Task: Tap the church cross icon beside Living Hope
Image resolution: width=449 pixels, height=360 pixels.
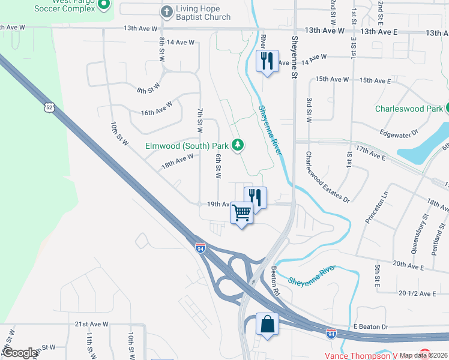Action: pos(167,11)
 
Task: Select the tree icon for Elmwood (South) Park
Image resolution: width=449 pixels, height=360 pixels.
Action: pos(238,145)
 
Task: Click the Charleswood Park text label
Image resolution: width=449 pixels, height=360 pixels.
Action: pos(409,109)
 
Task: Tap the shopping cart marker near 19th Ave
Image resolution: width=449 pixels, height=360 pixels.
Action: pos(242,212)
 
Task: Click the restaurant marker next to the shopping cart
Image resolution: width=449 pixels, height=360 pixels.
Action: pos(255,197)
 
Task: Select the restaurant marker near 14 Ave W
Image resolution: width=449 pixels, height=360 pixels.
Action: pos(267,60)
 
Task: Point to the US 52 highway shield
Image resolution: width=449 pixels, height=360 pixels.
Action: pos(48,107)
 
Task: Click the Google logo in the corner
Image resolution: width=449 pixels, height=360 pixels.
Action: pos(19,353)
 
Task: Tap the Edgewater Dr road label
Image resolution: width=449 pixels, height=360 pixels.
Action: pos(397,134)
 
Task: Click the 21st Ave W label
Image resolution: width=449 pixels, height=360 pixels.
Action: pos(91,324)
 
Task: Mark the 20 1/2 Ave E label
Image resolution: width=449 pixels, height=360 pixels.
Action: pos(417,293)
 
